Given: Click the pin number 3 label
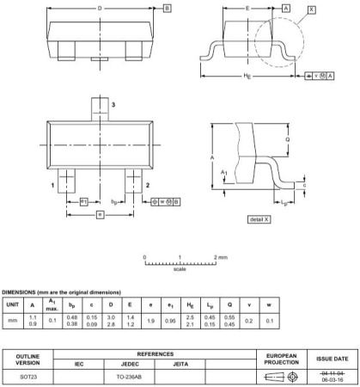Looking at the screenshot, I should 113,103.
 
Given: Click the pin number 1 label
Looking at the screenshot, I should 53,184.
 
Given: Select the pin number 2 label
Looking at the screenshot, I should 147,184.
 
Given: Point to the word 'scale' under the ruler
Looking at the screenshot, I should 180,269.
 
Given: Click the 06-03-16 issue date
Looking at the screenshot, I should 333,379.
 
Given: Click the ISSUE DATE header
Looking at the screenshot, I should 333,357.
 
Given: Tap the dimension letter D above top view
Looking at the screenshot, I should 101,8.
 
